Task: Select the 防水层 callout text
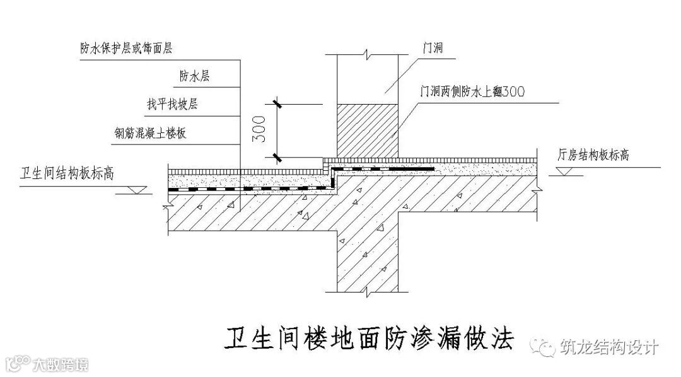coord(194,76)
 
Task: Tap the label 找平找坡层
coord(172,105)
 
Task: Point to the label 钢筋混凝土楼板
coord(150,133)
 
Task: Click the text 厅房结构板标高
coord(593,154)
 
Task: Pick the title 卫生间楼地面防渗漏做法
coord(370,338)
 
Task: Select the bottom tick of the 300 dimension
coord(276,157)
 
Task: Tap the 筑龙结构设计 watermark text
coord(609,347)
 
